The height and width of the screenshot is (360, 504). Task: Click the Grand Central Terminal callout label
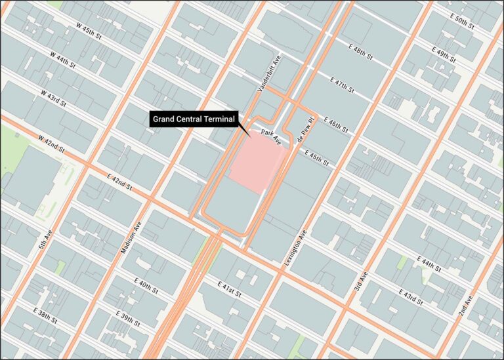point(194,119)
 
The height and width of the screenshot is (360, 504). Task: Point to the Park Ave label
point(270,137)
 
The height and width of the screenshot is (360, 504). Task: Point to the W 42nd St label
point(51,146)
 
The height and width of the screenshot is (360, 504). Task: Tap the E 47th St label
point(341,85)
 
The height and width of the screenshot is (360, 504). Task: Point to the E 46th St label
point(334,125)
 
